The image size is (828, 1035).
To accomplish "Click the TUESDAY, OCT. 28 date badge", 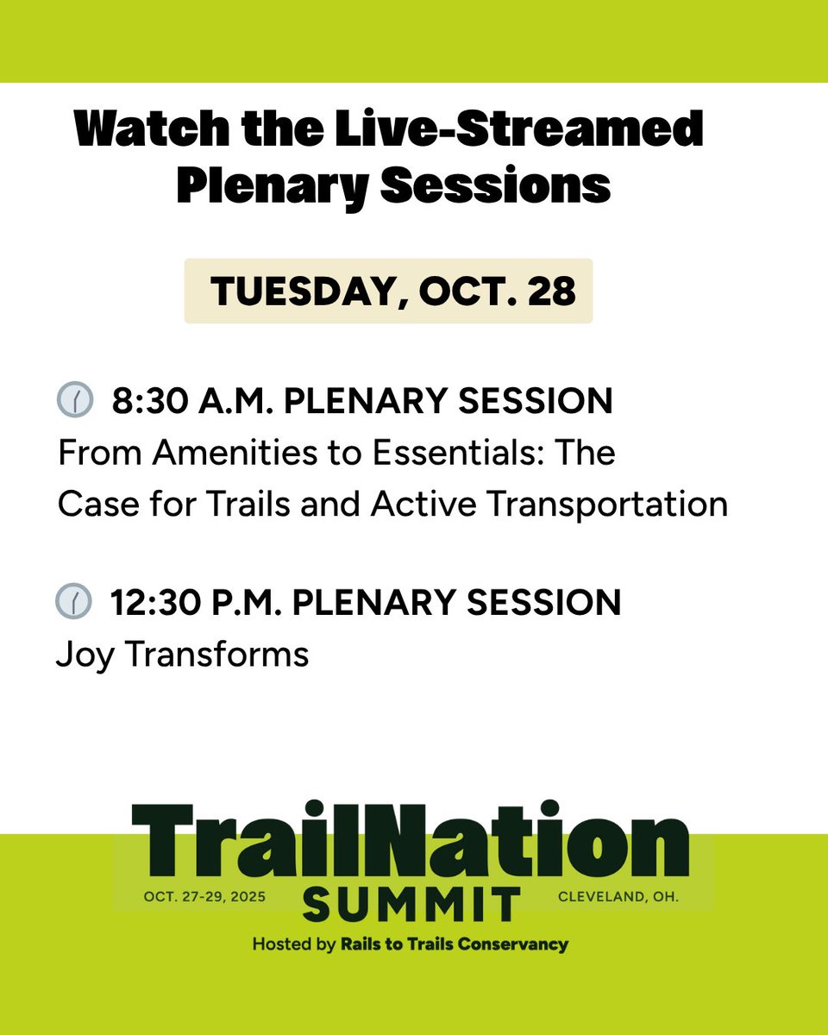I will coord(388,292).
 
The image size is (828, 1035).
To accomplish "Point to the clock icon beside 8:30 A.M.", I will coord(75,401).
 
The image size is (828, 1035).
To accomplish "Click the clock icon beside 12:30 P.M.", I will coord(73,601).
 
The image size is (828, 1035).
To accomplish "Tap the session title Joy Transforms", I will coord(182,654).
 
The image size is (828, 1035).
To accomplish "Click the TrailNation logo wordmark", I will coord(411,840).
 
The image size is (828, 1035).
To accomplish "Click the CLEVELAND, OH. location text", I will coord(618,897).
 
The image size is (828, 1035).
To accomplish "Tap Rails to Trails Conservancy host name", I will coord(454,944).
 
